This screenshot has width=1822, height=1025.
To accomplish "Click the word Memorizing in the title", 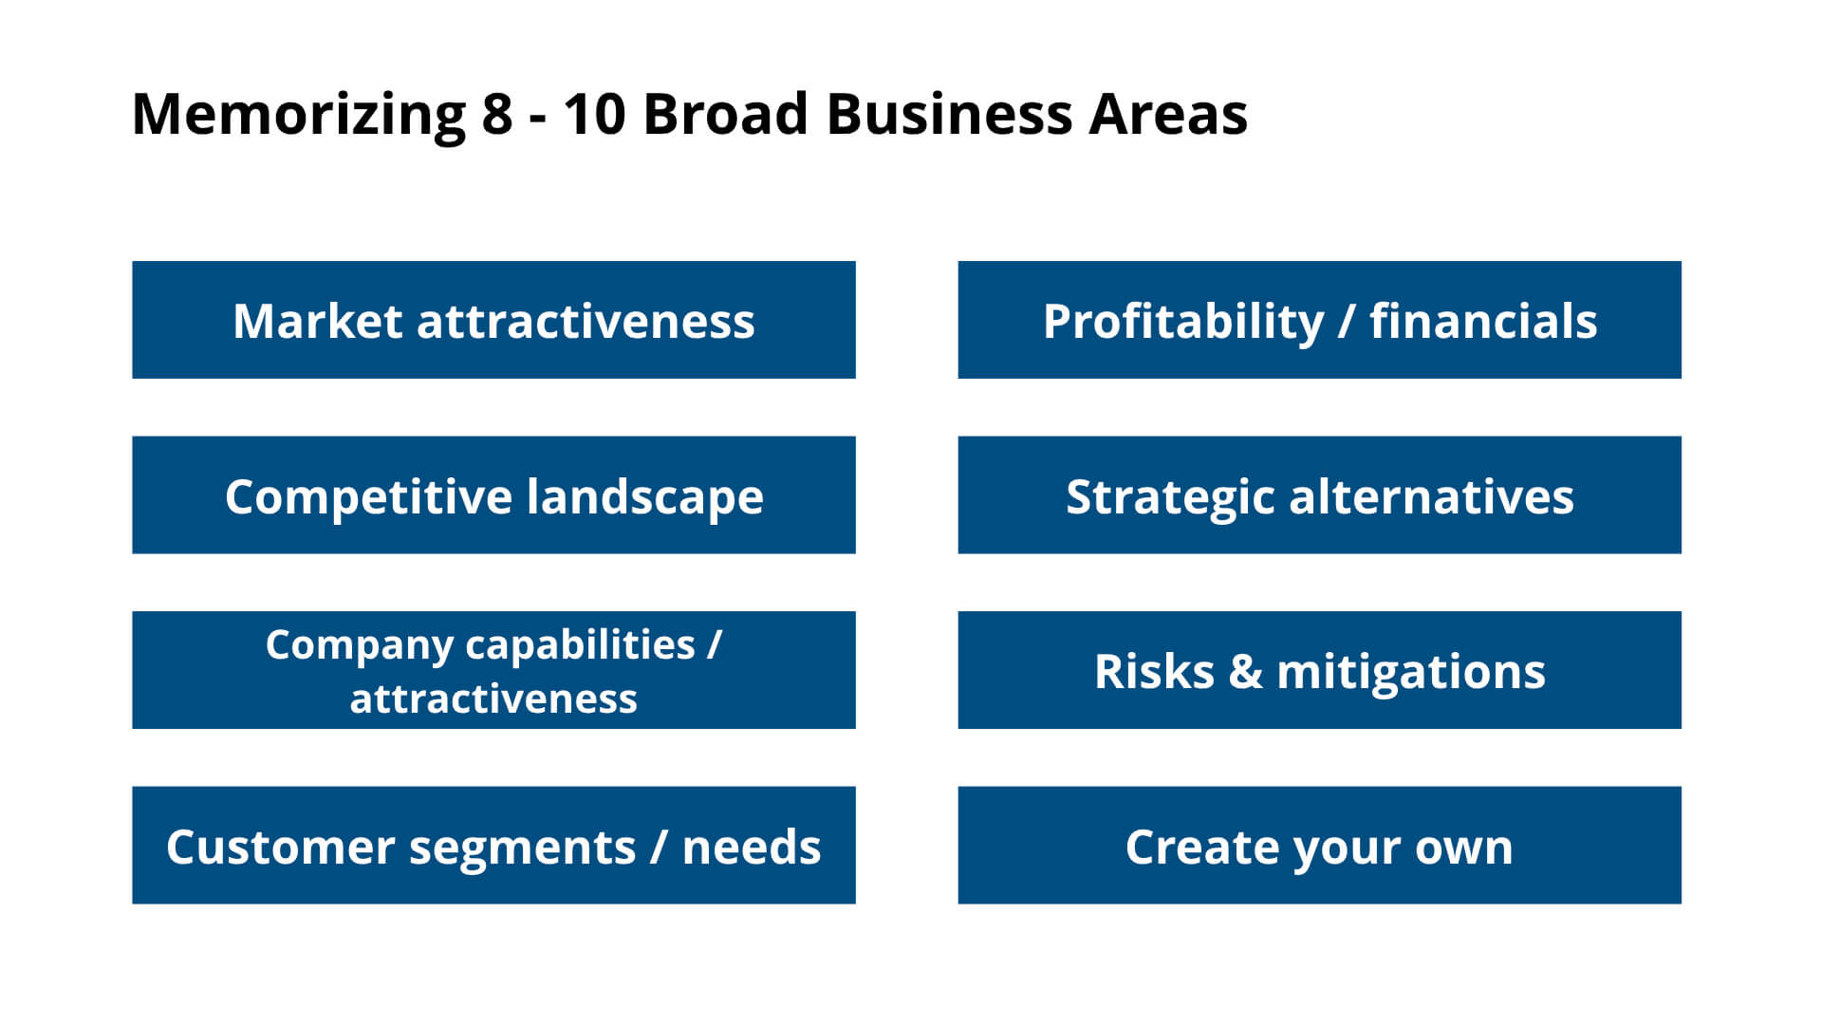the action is tap(298, 116).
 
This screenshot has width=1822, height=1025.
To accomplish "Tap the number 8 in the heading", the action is tap(496, 114).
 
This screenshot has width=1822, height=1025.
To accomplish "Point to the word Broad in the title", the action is tap(725, 114).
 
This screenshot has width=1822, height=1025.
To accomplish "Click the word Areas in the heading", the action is tap(1167, 114).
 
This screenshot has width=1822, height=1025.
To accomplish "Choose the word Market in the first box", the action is tap(317, 321).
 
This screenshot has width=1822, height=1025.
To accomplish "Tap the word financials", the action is tap(1483, 321).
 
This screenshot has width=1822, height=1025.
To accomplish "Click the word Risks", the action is tap(1154, 672).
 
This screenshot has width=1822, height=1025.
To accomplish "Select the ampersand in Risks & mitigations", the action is tap(1245, 672).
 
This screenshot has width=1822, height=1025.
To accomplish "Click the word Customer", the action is tap(280, 848).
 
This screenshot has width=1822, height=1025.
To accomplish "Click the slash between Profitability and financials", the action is tap(1347, 322).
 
